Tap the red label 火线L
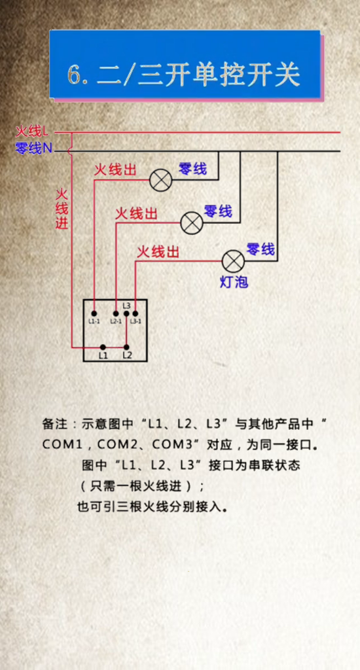(x=33, y=131)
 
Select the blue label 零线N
(x=34, y=149)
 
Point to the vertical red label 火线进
(x=62, y=209)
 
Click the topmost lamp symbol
(x=161, y=179)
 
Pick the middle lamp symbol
(x=192, y=222)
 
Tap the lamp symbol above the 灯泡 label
(x=233, y=261)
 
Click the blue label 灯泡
(x=234, y=282)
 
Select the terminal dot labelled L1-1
(x=94, y=313)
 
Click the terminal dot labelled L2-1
(x=116, y=313)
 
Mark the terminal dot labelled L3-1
(x=135, y=313)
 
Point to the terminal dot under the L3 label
(x=126, y=313)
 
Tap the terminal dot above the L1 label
(x=103, y=347)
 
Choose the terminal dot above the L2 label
(x=126, y=347)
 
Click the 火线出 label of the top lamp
(x=115, y=170)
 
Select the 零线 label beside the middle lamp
(x=218, y=211)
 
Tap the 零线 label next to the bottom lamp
(x=261, y=249)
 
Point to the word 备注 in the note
(x=55, y=424)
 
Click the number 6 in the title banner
(x=74, y=76)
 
